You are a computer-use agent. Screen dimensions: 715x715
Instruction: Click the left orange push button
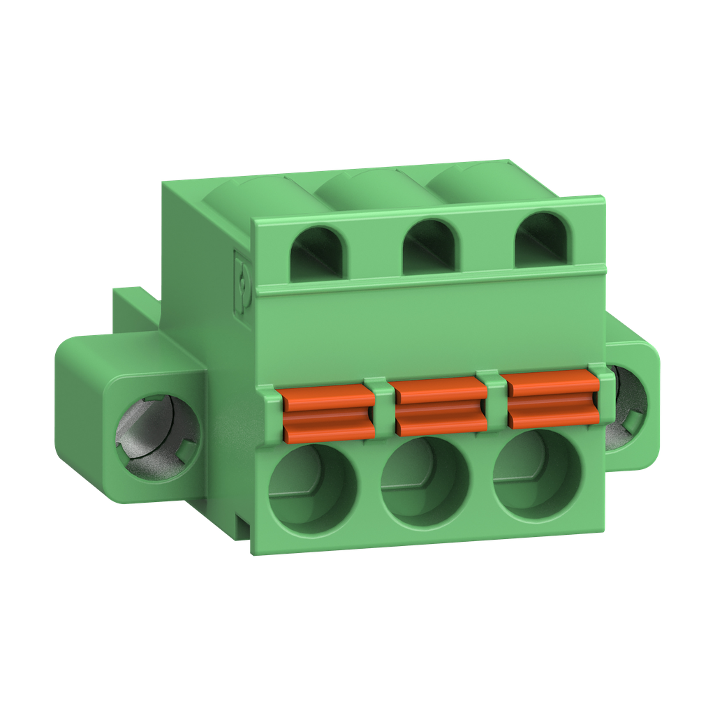(327, 413)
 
